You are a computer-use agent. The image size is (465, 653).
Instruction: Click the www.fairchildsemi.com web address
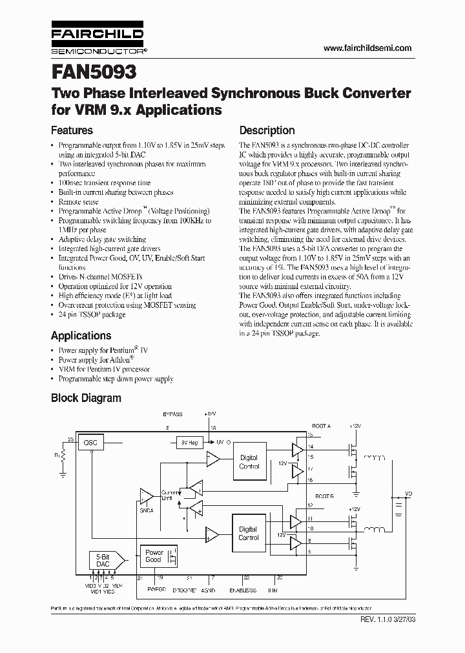tap(366, 48)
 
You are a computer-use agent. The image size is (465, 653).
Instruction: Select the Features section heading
tap(72, 130)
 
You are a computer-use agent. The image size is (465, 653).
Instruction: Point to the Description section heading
tap(267, 130)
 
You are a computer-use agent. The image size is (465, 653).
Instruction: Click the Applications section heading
tap(81, 336)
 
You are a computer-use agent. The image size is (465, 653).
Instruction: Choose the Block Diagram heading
tap(86, 398)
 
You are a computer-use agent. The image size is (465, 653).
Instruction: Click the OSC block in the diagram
tap(90, 443)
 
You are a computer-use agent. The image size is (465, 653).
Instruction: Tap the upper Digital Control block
tap(249, 461)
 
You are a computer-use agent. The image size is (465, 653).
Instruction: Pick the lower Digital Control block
tap(249, 533)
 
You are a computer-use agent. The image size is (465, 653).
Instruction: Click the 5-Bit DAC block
tap(103, 559)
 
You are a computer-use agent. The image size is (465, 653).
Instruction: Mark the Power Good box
tap(154, 556)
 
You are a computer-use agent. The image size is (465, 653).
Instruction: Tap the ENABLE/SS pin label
tap(243, 590)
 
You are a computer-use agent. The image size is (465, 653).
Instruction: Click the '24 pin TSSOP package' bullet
tap(92, 315)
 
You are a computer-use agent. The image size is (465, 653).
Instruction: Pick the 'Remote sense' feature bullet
tap(78, 202)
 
